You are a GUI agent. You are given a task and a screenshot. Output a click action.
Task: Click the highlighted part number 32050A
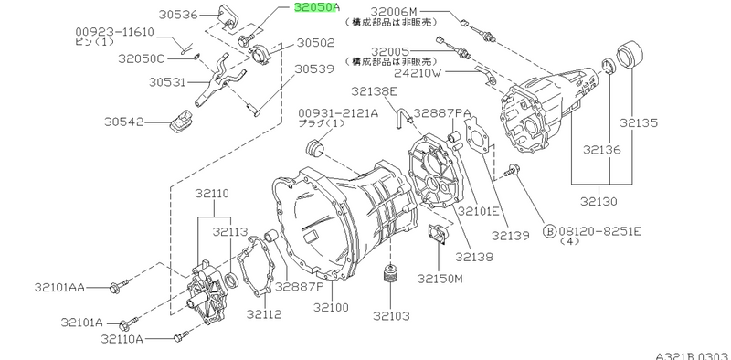click(x=316, y=8)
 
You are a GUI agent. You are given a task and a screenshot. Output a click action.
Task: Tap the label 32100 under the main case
click(x=331, y=307)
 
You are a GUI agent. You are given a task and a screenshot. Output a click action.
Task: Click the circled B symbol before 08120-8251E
click(x=550, y=230)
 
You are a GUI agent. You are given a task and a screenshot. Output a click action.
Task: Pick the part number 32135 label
click(x=638, y=122)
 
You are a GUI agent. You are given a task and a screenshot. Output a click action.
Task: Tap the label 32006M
click(x=395, y=11)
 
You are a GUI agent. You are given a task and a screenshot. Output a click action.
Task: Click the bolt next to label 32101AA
click(x=119, y=286)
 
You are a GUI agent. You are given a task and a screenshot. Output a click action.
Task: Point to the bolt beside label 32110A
click(x=181, y=336)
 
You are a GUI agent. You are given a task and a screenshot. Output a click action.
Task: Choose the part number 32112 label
click(x=264, y=313)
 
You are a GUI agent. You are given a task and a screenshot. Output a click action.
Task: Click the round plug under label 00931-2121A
click(x=314, y=149)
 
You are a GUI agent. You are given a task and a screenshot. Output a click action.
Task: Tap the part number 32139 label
click(x=511, y=236)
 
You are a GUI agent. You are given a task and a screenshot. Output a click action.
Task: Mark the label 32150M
click(x=440, y=279)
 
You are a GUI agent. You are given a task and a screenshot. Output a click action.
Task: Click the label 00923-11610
click(x=114, y=32)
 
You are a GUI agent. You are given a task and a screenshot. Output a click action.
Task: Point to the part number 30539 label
click(x=314, y=69)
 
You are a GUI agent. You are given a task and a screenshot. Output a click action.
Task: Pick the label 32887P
click(x=299, y=286)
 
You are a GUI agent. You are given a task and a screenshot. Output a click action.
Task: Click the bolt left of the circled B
click(x=512, y=171)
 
